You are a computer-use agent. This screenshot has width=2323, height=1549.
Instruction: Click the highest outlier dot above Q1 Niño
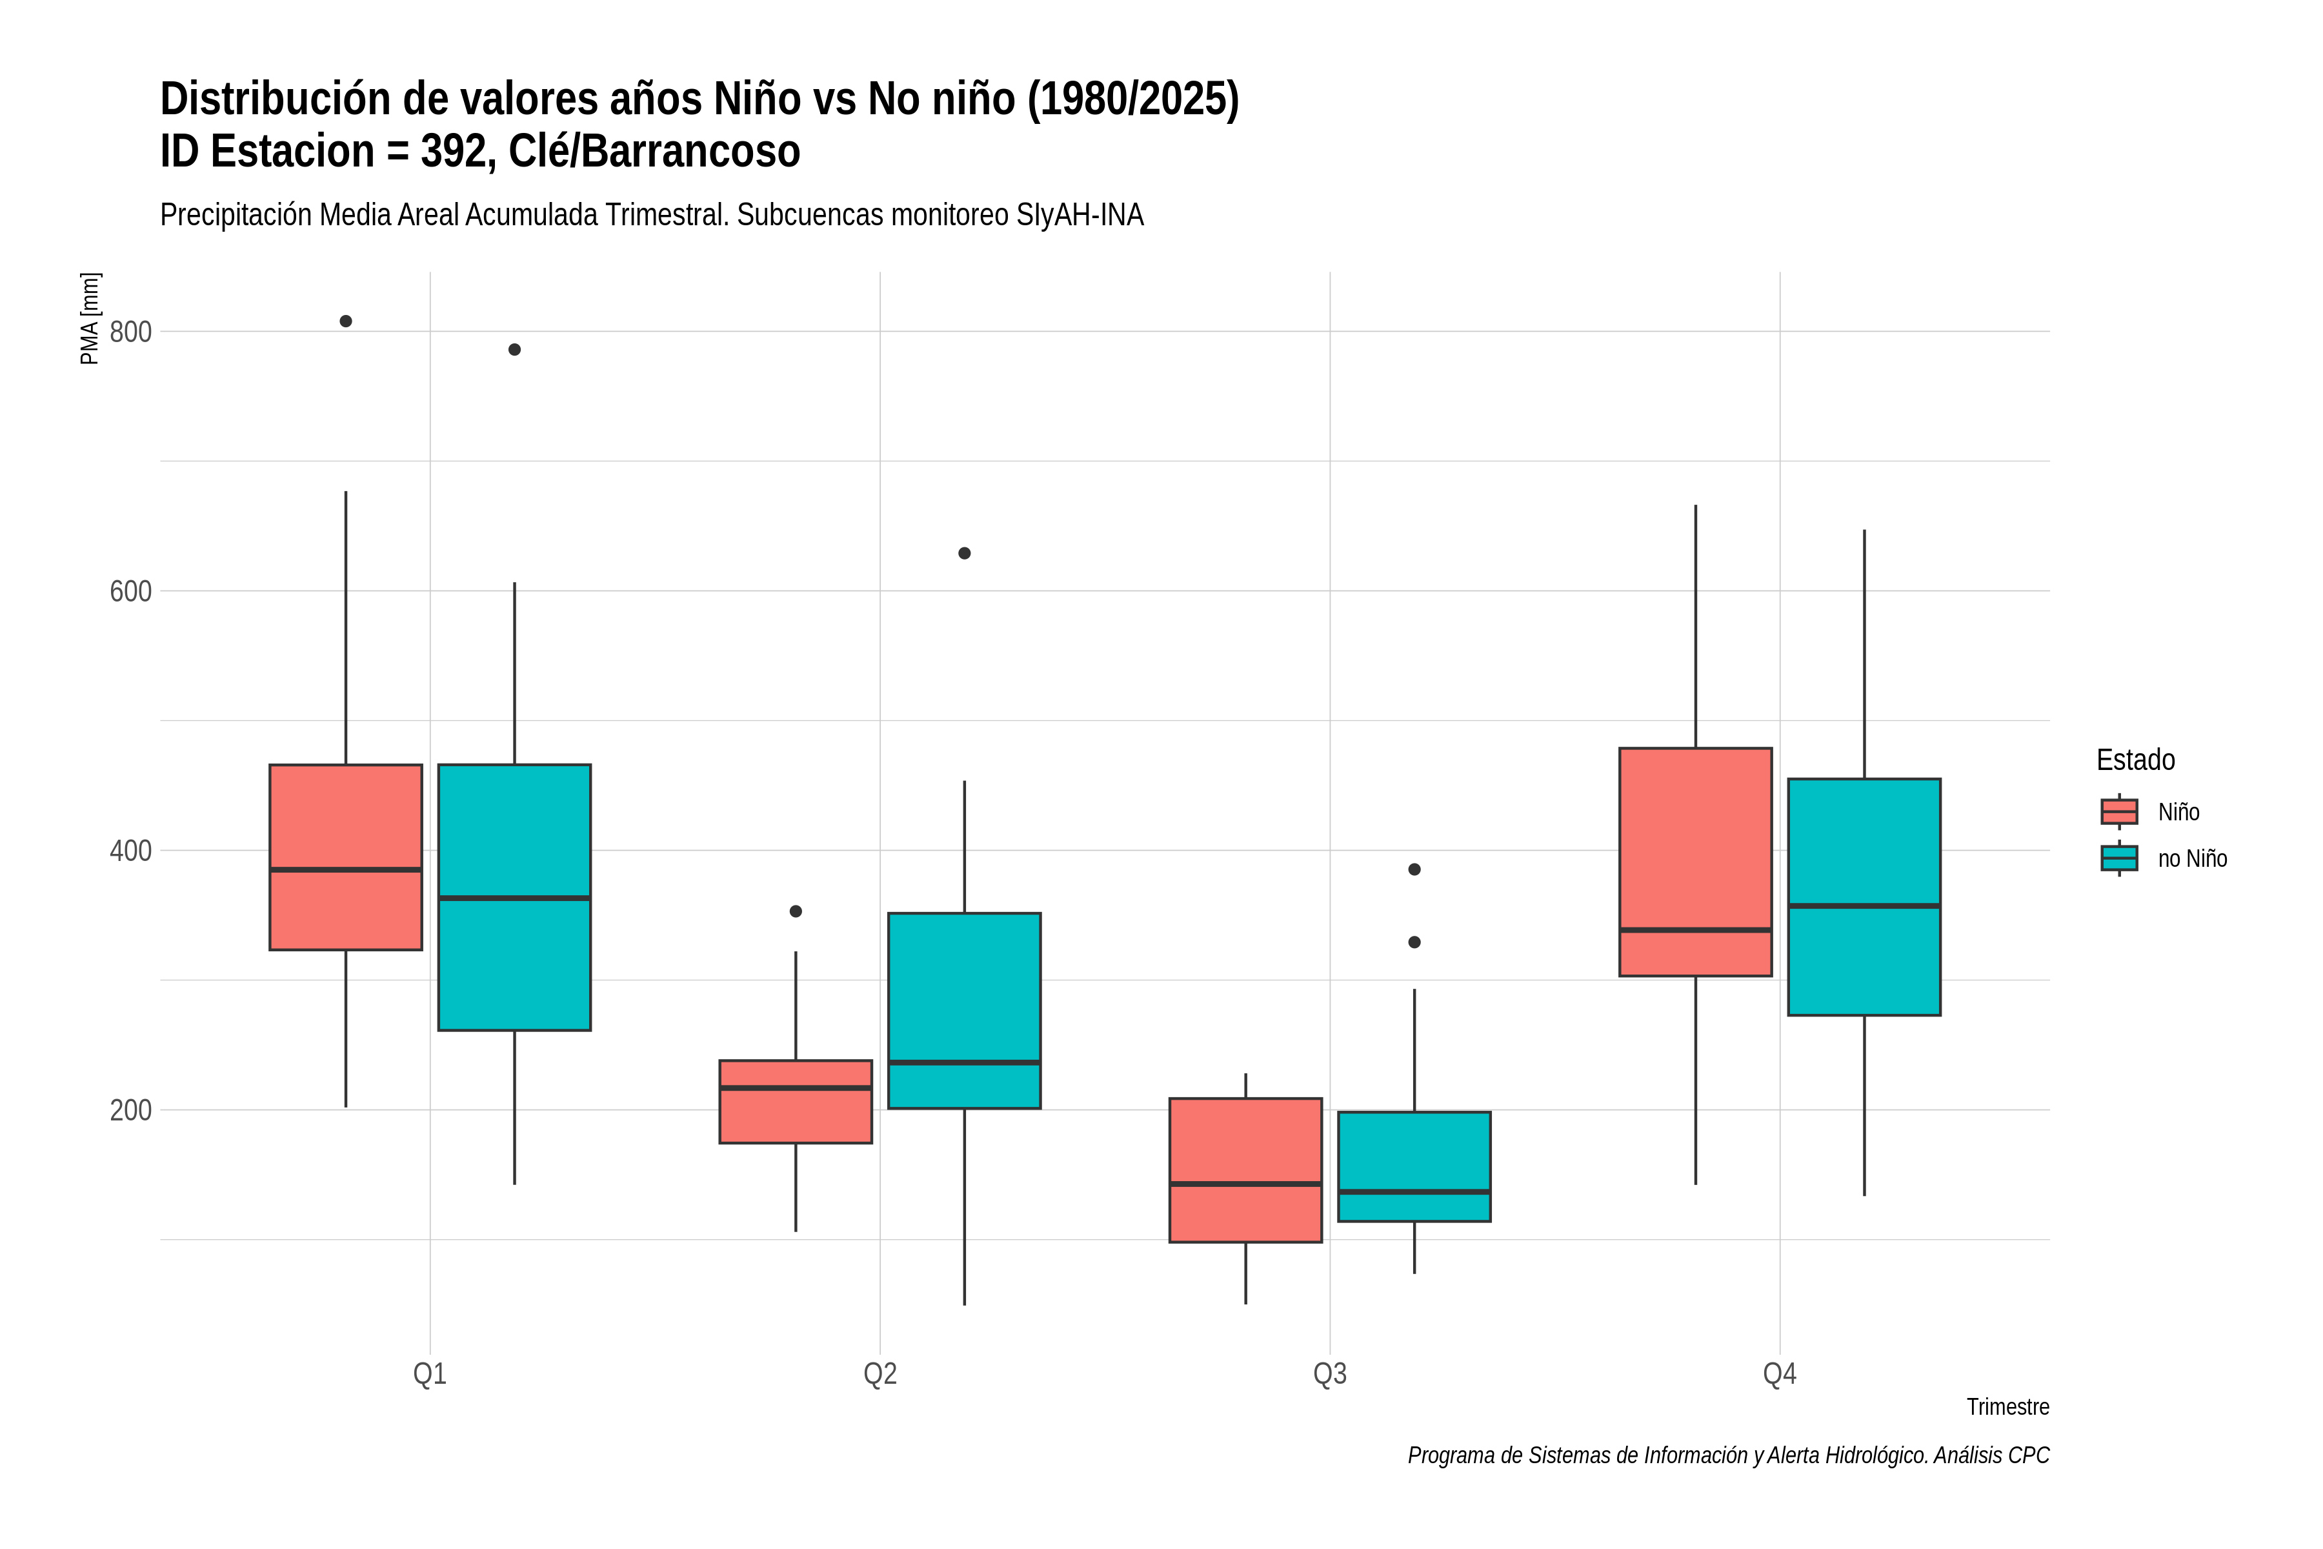[346, 321]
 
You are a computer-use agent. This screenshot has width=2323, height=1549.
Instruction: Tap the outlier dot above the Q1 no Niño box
[514, 350]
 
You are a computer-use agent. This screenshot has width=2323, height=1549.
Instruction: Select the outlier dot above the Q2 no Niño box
[965, 553]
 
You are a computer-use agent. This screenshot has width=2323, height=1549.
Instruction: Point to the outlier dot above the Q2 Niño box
[796, 911]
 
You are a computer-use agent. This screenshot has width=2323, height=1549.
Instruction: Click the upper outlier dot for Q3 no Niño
[1414, 869]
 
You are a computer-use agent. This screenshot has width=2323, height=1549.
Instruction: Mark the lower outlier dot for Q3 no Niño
[1414, 942]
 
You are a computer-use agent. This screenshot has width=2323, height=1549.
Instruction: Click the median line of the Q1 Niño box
[346, 869]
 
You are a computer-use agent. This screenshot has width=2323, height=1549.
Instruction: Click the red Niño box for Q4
[1696, 862]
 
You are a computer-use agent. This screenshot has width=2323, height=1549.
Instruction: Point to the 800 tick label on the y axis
[130, 332]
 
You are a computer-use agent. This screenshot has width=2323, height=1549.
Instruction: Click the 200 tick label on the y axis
[130, 1110]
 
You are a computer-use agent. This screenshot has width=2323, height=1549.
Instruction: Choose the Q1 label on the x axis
[430, 1374]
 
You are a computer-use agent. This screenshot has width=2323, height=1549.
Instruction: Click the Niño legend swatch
[2120, 812]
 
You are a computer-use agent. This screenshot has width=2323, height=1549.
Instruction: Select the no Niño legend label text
[2193, 858]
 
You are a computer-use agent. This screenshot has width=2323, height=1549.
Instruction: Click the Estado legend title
[2135, 760]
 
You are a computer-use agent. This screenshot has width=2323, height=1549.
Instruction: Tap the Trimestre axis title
[2008, 1407]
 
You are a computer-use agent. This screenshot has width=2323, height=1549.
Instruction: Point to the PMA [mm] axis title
[90, 319]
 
